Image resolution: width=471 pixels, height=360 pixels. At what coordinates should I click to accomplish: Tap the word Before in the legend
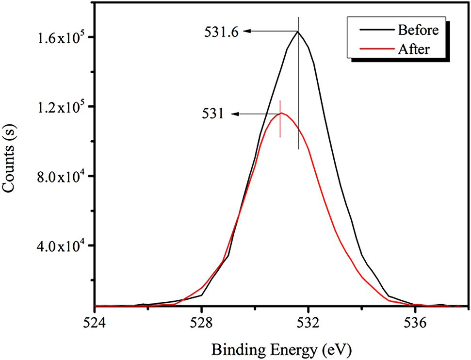pyautogui.click(x=418, y=30)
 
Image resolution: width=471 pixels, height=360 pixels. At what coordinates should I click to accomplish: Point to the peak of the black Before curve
pyautogui.click(x=298, y=32)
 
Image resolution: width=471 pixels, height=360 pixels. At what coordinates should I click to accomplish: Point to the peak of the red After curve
pyautogui.click(x=281, y=114)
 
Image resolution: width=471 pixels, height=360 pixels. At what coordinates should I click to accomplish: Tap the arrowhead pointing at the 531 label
pyautogui.click(x=234, y=114)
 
